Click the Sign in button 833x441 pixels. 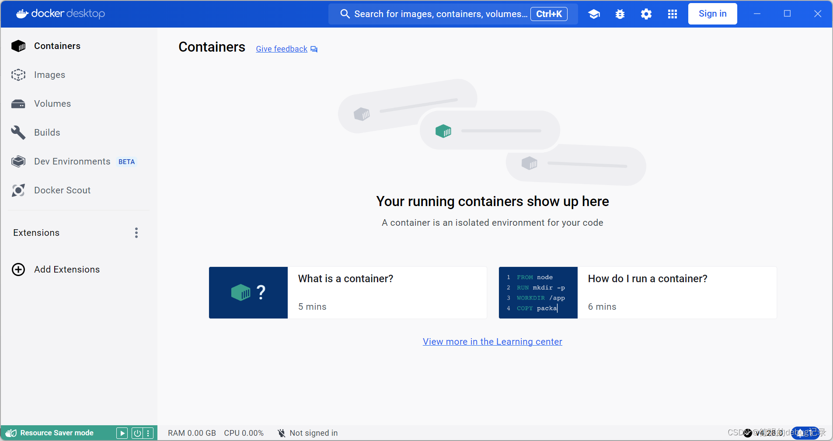coord(712,14)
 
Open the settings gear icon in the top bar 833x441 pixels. coord(646,14)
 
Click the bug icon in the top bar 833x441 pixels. coord(620,14)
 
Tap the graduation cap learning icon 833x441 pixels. coord(593,14)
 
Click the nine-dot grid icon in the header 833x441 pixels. coord(672,14)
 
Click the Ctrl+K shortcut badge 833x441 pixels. coord(549,14)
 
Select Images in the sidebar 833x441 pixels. coord(49,75)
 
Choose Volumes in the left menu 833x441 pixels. coord(52,104)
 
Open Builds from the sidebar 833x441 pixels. coord(47,133)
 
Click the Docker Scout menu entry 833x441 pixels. coord(62,190)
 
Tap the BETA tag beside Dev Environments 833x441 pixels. coord(126,162)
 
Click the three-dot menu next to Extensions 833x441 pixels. coord(136,233)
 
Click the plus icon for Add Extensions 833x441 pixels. coord(18,269)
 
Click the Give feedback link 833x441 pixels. coord(282,49)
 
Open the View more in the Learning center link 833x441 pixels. coord(492,342)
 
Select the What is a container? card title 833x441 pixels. coord(345,279)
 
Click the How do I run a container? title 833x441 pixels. coord(647,279)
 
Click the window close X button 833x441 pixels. coord(817,14)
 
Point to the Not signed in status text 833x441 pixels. coord(314,433)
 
